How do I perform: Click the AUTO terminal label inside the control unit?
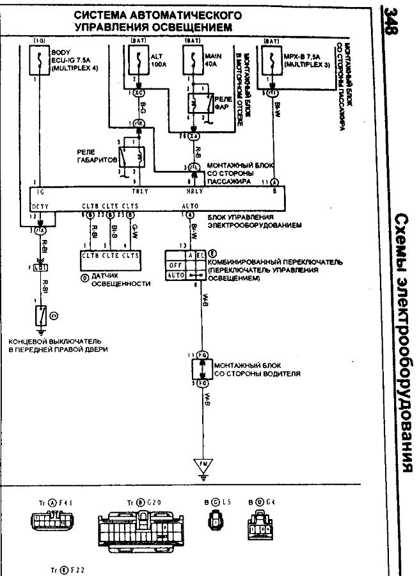(190, 206)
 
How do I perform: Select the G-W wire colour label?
(134, 230)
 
